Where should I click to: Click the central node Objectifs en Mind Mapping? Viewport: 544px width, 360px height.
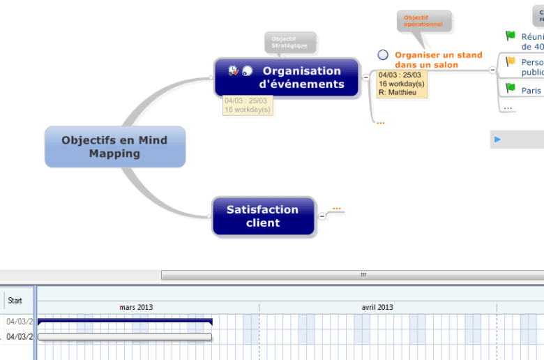tap(115, 147)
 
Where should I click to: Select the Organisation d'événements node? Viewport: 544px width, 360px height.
tap(287, 77)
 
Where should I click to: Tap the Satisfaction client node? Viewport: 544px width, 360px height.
tap(263, 216)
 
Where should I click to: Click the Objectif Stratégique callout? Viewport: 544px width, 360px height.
tap(289, 42)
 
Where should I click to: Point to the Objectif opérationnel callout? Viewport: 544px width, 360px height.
tap(423, 20)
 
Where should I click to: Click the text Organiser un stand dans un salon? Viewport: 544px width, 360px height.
tap(438, 60)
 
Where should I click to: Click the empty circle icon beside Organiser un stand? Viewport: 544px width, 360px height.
tap(383, 55)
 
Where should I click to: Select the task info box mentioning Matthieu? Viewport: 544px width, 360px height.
tap(401, 84)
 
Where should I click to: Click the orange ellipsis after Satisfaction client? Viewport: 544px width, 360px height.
tap(337, 208)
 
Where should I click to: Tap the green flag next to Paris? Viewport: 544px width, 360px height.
tap(511, 88)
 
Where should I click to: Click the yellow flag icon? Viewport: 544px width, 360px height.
tap(511, 62)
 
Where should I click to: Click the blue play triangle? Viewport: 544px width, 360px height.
tap(497, 140)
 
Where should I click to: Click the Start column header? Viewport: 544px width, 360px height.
tap(15, 301)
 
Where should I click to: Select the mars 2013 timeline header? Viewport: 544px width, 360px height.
tap(136, 307)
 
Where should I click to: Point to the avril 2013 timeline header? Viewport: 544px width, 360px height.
tap(377, 307)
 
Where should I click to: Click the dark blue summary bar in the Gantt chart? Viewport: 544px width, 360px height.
tap(125, 322)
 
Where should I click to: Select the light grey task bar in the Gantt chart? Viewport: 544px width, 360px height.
tap(125, 337)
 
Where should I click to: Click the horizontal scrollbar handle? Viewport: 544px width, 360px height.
tap(363, 275)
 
